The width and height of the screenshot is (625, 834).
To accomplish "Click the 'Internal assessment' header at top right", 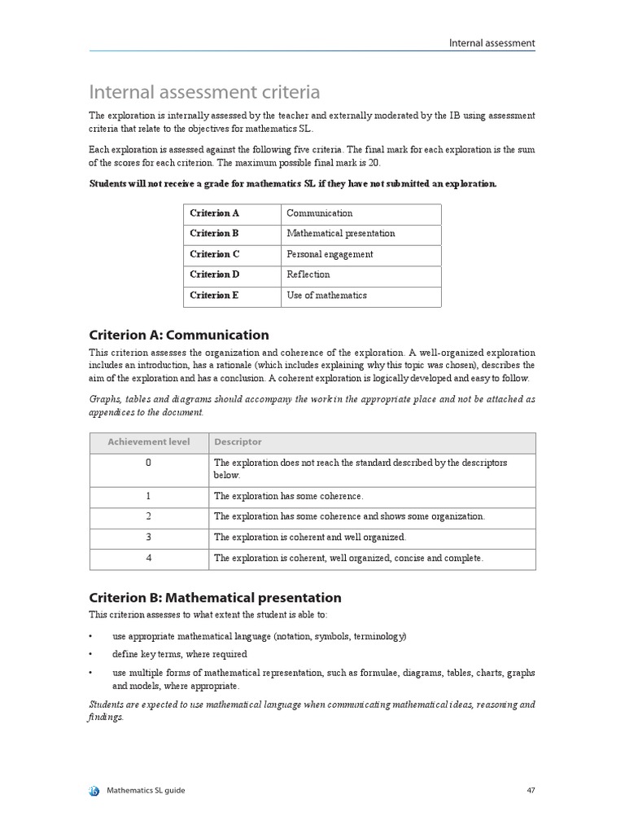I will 492,43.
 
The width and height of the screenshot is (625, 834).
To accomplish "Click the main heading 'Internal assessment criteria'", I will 204,91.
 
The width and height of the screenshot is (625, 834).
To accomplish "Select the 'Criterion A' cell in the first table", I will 215,213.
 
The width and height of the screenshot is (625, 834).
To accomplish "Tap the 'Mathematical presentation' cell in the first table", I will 341,234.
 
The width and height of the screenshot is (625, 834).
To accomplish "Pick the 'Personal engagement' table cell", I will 330,254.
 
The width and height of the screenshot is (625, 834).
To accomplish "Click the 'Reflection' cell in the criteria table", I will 308,274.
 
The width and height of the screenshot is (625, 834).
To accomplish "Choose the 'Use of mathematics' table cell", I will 326,295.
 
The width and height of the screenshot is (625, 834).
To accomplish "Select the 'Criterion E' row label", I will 215,295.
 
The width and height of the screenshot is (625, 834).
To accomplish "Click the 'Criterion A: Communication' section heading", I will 178,335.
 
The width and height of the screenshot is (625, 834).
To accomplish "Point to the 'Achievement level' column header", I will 149,442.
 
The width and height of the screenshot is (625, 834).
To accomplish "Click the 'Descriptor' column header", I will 238,442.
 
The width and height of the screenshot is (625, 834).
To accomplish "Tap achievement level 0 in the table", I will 148,463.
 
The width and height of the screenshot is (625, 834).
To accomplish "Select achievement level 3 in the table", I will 148,538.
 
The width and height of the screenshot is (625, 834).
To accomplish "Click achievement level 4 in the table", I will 148,559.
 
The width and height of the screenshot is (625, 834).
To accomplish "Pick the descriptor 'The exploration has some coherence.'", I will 288,496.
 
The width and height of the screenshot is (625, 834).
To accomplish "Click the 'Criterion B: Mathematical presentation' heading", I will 215,598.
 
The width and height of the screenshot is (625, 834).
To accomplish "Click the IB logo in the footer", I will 94,791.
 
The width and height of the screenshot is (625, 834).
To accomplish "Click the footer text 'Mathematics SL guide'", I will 146,791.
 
